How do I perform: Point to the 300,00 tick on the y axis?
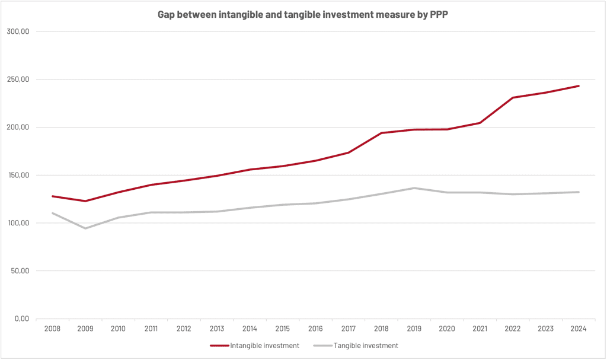click(x=18, y=31)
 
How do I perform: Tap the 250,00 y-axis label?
click(x=18, y=79)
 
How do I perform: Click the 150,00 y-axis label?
click(x=18, y=175)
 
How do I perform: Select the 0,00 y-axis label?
click(x=21, y=319)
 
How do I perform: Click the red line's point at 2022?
click(x=513, y=97)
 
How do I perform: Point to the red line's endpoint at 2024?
click(x=579, y=86)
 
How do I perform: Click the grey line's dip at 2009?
click(x=85, y=228)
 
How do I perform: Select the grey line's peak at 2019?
click(x=414, y=188)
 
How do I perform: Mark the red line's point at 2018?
click(x=381, y=133)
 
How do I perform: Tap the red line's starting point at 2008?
click(x=53, y=196)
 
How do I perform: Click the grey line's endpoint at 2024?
click(x=579, y=192)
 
